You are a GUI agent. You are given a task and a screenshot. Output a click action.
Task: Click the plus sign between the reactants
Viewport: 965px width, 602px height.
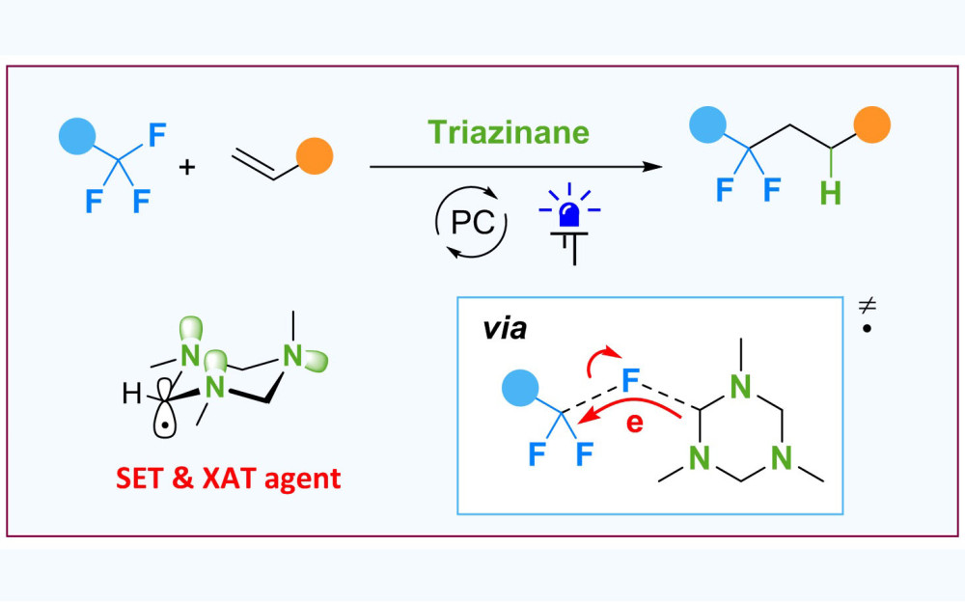186,166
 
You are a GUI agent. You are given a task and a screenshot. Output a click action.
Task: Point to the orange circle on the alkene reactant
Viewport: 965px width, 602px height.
315,155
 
